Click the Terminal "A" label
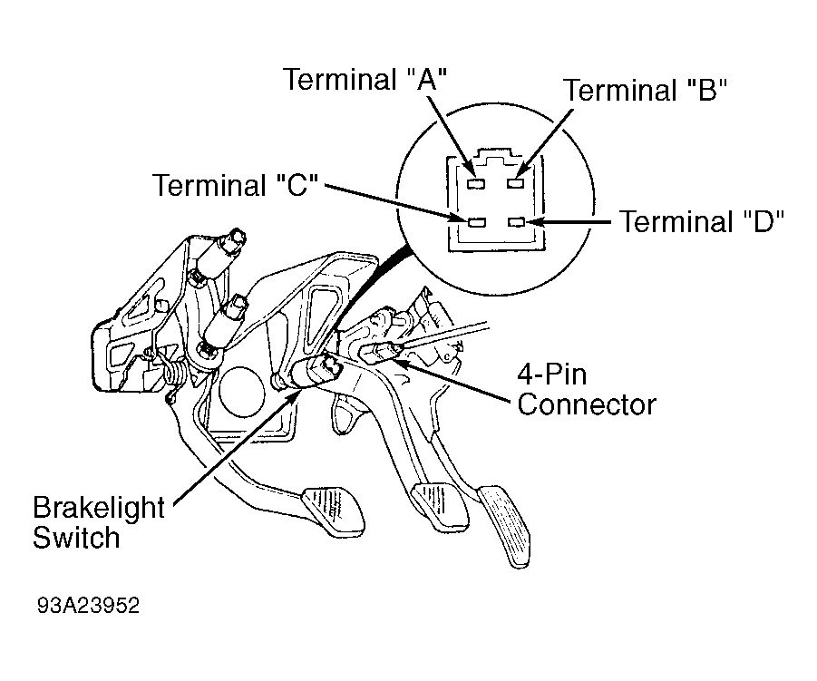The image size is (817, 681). point(365,80)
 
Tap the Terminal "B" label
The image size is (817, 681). point(645,90)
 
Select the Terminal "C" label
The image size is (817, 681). point(235,185)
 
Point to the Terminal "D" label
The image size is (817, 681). point(702,221)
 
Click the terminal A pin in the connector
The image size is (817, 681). point(477,183)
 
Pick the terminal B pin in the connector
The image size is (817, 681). point(516,183)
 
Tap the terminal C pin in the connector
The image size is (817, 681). point(477,222)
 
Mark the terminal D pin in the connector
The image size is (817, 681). point(516,222)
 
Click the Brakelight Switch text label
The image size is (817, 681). point(99,522)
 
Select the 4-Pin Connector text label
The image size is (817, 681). point(586,389)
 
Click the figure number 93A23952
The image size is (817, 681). point(89,606)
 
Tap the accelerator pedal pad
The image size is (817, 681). point(504,525)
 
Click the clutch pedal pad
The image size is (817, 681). point(334,511)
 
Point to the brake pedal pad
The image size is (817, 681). point(439,505)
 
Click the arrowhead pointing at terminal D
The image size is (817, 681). point(536,222)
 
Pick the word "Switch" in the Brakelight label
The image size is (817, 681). point(76,538)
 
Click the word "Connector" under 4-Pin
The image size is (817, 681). point(587,404)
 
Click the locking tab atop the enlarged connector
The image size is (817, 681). point(495,155)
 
